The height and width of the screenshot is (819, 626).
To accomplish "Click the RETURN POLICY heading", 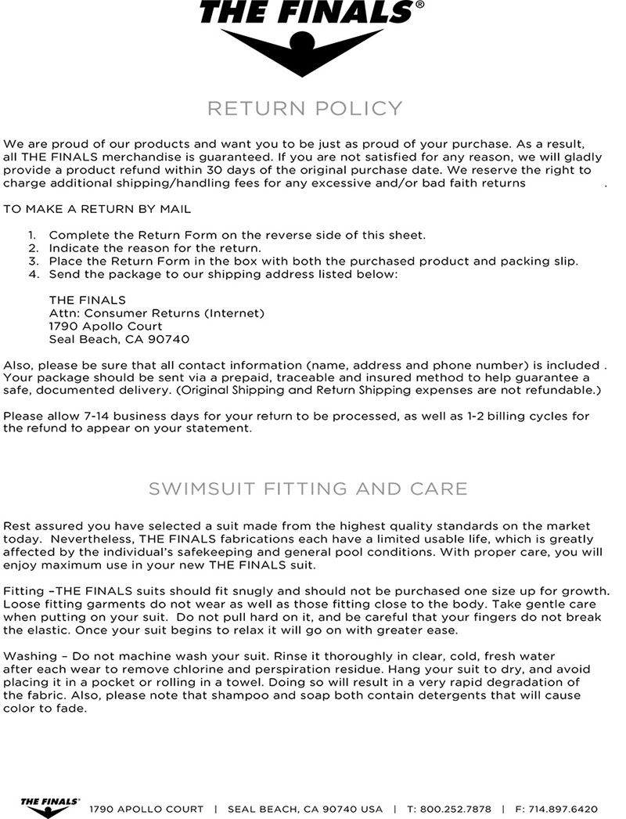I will click(x=304, y=108).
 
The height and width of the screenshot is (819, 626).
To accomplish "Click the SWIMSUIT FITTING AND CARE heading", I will click(x=308, y=489).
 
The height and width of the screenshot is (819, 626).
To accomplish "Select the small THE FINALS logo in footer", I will click(x=50, y=806).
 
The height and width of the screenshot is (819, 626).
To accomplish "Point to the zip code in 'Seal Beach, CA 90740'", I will click(x=171, y=340).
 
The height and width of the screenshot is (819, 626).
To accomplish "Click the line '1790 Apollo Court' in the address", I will click(x=106, y=326).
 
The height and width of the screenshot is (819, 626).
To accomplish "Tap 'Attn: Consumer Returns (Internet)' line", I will click(x=156, y=313).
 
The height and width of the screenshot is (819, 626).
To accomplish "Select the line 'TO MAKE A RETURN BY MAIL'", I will click(x=97, y=209).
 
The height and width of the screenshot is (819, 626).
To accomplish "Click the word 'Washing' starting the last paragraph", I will click(x=29, y=655).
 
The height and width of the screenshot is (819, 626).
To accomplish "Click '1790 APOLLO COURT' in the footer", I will click(x=147, y=809).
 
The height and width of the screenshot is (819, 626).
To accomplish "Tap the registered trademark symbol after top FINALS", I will click(x=420, y=5).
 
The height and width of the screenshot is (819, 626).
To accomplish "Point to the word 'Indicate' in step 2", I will click(x=74, y=248).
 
